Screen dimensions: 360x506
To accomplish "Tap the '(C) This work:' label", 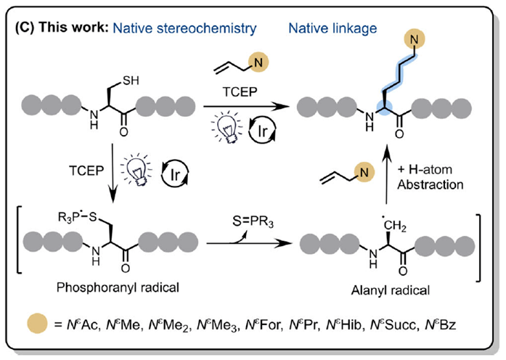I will click(73, 30).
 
